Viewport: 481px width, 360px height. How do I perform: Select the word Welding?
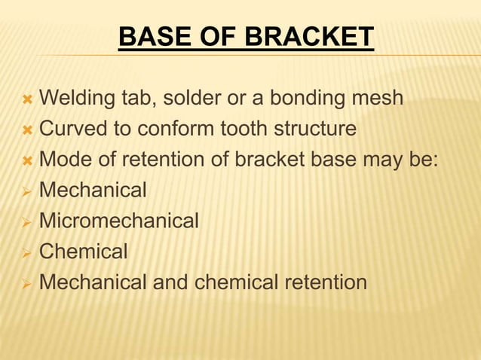point(77,99)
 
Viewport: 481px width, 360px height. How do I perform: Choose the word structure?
point(311,129)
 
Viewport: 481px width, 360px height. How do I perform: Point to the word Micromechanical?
point(118,221)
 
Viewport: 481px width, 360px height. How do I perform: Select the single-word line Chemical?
point(83,252)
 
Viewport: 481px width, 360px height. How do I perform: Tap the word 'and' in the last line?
point(170,282)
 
